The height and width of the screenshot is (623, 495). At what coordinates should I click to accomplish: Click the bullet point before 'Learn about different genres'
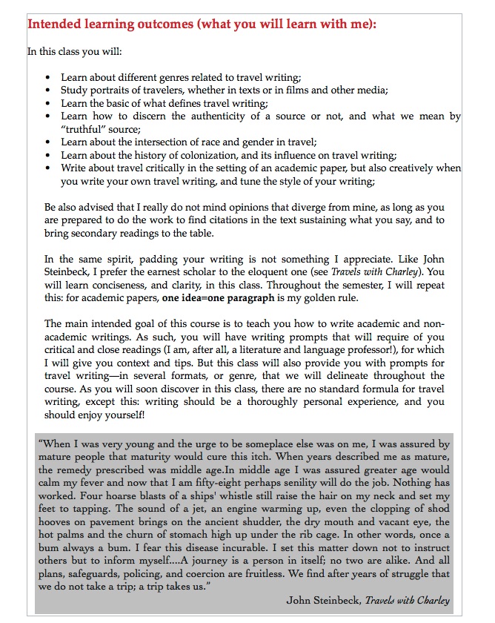pos(48,77)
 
